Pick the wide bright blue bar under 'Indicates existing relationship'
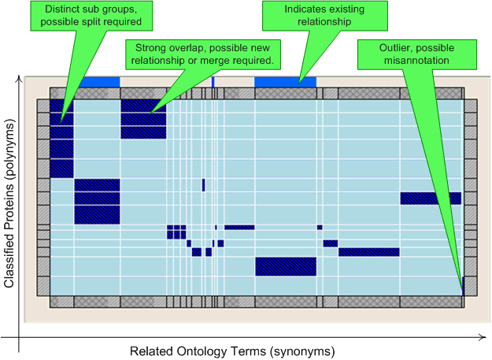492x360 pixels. tap(285, 82)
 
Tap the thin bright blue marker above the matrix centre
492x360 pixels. tap(213, 82)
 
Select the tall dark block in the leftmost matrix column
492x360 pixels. tap(61, 138)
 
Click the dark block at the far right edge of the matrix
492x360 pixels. tap(430, 199)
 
